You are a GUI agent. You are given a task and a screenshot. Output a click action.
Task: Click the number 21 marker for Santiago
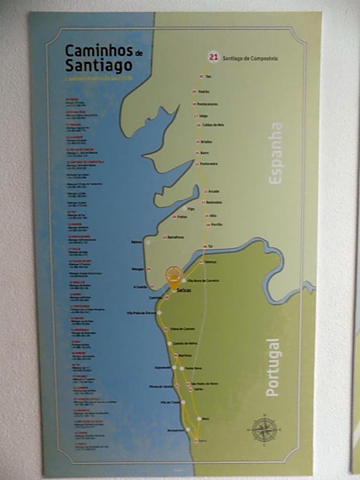click(x=213, y=57)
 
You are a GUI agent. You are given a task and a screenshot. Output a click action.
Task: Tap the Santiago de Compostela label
click(x=250, y=59)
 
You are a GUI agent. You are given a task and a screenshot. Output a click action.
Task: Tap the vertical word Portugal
click(x=272, y=367)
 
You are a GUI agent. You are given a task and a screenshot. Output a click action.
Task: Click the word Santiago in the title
click(x=99, y=65)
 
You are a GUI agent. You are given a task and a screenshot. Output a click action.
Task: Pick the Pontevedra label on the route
click(x=209, y=164)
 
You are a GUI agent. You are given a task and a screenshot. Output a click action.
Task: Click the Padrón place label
click(x=204, y=92)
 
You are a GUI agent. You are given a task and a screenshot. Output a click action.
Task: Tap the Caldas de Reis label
click(x=213, y=125)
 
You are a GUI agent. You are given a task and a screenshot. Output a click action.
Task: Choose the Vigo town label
click(x=191, y=209)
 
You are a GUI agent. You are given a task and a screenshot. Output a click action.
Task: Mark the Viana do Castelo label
click(x=183, y=328)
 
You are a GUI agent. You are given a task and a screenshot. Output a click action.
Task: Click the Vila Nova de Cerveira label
click(x=203, y=281)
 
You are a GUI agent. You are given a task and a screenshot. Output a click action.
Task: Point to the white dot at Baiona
click(x=148, y=243)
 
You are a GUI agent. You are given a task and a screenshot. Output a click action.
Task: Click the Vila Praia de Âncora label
click(x=141, y=313)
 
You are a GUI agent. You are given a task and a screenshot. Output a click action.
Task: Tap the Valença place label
click(x=210, y=262)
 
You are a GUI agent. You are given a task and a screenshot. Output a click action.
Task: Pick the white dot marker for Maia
click(x=199, y=419)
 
